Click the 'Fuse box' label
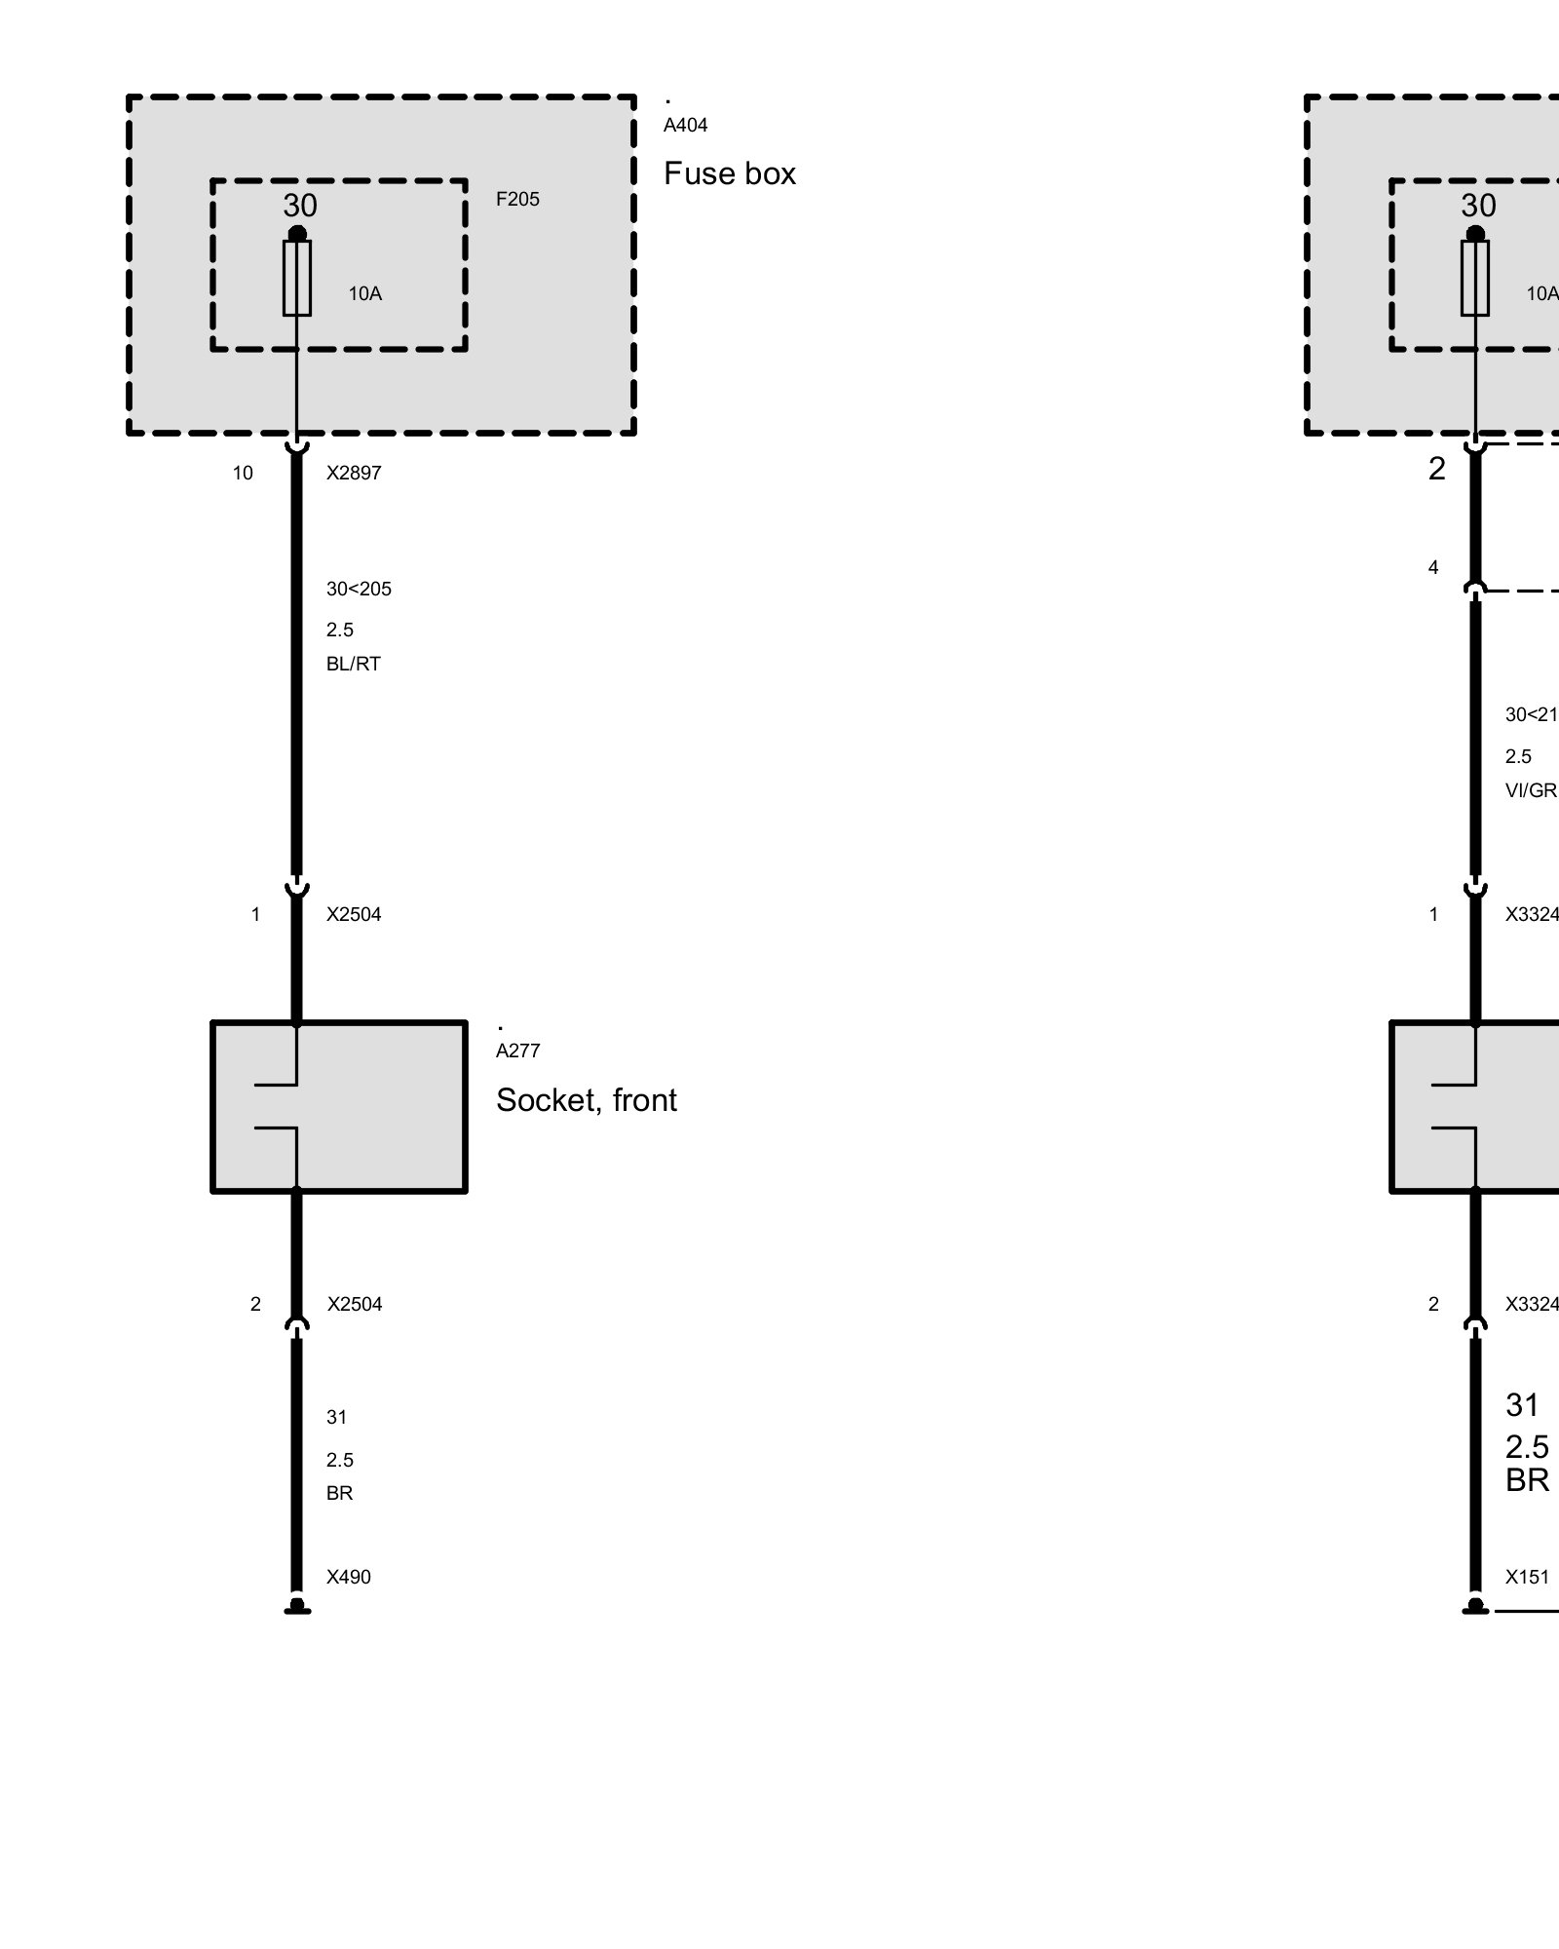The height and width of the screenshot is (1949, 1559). tap(729, 173)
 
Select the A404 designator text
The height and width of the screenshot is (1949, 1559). tap(685, 125)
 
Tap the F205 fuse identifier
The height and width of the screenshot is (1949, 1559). tap(517, 199)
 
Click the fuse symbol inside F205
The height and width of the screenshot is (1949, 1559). tap(297, 278)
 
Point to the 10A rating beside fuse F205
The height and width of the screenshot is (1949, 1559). tap(365, 293)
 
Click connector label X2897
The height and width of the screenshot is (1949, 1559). tap(354, 473)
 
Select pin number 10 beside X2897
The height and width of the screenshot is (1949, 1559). tap(243, 473)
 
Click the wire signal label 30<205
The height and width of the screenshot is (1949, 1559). tap(359, 589)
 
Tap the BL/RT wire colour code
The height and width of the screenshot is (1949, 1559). tap(353, 664)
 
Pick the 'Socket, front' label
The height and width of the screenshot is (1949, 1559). tap(586, 1099)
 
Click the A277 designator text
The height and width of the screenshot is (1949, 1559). tap(517, 1051)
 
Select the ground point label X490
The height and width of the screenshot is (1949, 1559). tap(348, 1577)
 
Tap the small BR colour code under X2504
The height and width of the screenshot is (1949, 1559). tap(339, 1493)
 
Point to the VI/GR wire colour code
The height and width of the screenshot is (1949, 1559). tap(1531, 790)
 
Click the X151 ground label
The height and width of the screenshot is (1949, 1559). tap(1527, 1577)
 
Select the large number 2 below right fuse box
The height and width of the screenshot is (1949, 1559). tap(1436, 469)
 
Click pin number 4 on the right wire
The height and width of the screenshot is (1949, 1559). tap(1432, 567)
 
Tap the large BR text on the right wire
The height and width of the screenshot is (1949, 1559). tap(1527, 1479)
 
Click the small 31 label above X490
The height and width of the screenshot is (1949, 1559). tap(336, 1417)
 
